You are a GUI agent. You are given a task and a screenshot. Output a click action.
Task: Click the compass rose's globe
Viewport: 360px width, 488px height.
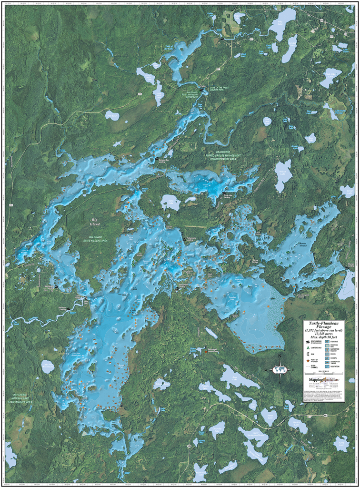(x=280, y=369)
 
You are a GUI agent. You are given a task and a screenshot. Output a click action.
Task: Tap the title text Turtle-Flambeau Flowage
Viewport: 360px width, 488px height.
(x=324, y=325)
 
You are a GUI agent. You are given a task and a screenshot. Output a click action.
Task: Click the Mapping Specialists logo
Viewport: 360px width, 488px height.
(x=324, y=379)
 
